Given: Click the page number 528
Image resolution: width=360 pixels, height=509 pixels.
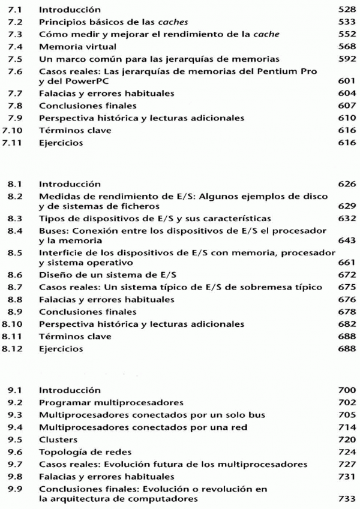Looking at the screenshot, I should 346,10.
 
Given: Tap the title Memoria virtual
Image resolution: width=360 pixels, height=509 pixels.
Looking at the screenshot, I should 71,46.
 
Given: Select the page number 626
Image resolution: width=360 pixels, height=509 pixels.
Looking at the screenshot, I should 346,183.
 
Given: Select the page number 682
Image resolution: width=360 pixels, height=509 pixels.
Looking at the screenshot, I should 346,324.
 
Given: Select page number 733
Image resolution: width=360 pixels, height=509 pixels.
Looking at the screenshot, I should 346,498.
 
